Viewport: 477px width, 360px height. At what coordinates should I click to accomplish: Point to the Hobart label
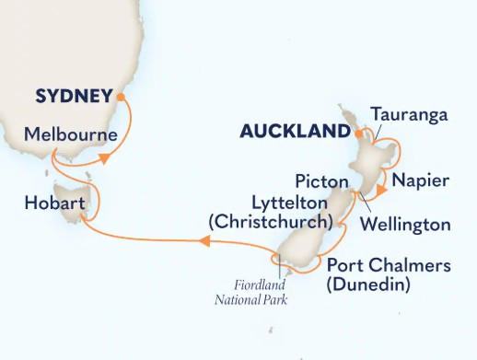56,202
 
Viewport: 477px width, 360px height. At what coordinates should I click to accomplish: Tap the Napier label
421,180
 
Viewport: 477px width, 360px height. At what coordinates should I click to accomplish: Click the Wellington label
406,225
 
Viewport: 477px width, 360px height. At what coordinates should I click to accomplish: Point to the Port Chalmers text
390,266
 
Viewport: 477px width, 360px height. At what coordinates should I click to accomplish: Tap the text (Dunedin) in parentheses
366,286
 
